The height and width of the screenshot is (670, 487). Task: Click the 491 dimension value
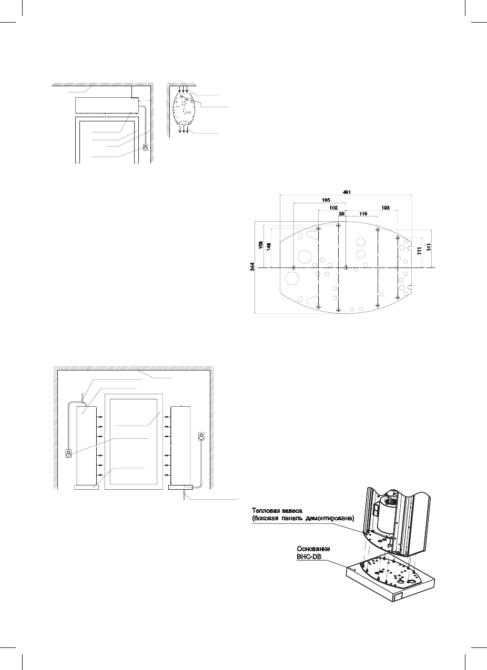(346, 191)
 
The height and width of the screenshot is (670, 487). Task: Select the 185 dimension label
(326, 200)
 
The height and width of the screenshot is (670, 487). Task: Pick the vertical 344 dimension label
(252, 267)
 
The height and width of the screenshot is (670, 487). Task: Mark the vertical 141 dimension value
(429, 248)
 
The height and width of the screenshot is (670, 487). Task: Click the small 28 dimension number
(342, 214)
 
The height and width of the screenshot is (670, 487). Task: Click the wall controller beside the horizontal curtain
(146, 147)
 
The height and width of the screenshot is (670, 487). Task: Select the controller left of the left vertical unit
(68, 453)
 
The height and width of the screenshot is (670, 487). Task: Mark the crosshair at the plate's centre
(346, 267)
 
